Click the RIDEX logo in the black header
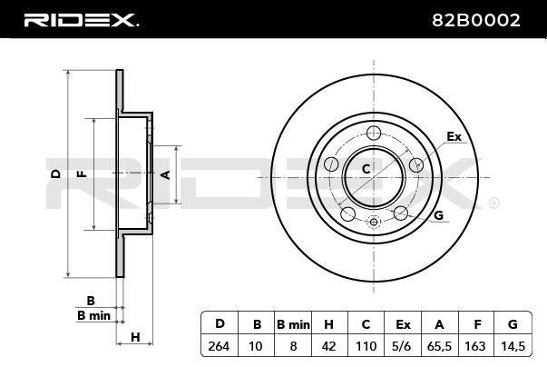[82, 20]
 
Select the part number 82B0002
[476, 20]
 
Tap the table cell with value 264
[220, 346]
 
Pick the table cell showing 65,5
[439, 346]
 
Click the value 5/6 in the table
[402, 346]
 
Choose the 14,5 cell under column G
[513, 346]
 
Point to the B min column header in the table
[293, 324]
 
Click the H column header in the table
[328, 324]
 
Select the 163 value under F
[475, 346]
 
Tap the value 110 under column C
[366, 346]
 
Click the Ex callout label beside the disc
[454, 136]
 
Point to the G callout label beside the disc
[438, 215]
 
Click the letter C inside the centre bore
[366, 169]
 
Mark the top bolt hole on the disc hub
[374, 133]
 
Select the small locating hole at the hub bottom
[374, 222]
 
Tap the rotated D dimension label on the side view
[56, 174]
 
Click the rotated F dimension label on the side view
[82, 174]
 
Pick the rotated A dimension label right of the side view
[166, 174]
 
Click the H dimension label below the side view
[135, 337]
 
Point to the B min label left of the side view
[93, 315]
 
